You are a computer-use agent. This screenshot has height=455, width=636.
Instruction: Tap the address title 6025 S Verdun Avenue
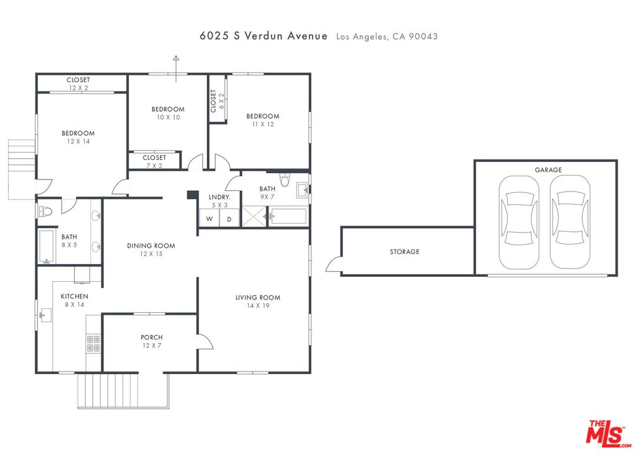pos(263,35)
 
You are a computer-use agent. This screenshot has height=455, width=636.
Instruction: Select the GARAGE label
pos(548,170)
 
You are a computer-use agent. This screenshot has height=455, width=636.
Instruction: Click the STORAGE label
pos(404,252)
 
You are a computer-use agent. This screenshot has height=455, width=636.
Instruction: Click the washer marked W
pos(209,219)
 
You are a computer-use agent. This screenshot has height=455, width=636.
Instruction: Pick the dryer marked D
pos(230,219)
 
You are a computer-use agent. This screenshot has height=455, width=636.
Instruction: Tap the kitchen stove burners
pos(93,344)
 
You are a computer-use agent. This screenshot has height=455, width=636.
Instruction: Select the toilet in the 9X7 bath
pos(285,179)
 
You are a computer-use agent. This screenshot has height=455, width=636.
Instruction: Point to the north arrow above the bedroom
pos(176,68)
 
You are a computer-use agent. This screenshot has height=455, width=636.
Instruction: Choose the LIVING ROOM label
pos(258,298)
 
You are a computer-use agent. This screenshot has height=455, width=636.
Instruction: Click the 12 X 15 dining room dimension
pos(151,254)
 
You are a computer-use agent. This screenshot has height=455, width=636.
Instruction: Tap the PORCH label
pos(152,337)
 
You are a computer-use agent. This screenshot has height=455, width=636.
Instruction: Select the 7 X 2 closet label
pos(154,166)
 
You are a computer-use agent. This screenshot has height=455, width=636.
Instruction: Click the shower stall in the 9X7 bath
pos(254,216)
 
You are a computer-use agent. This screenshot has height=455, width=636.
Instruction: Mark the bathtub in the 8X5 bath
pos(47,246)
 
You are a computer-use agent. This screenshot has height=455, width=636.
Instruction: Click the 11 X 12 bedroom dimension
pos(263,124)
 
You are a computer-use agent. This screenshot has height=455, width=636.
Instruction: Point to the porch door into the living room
pos(205,341)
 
